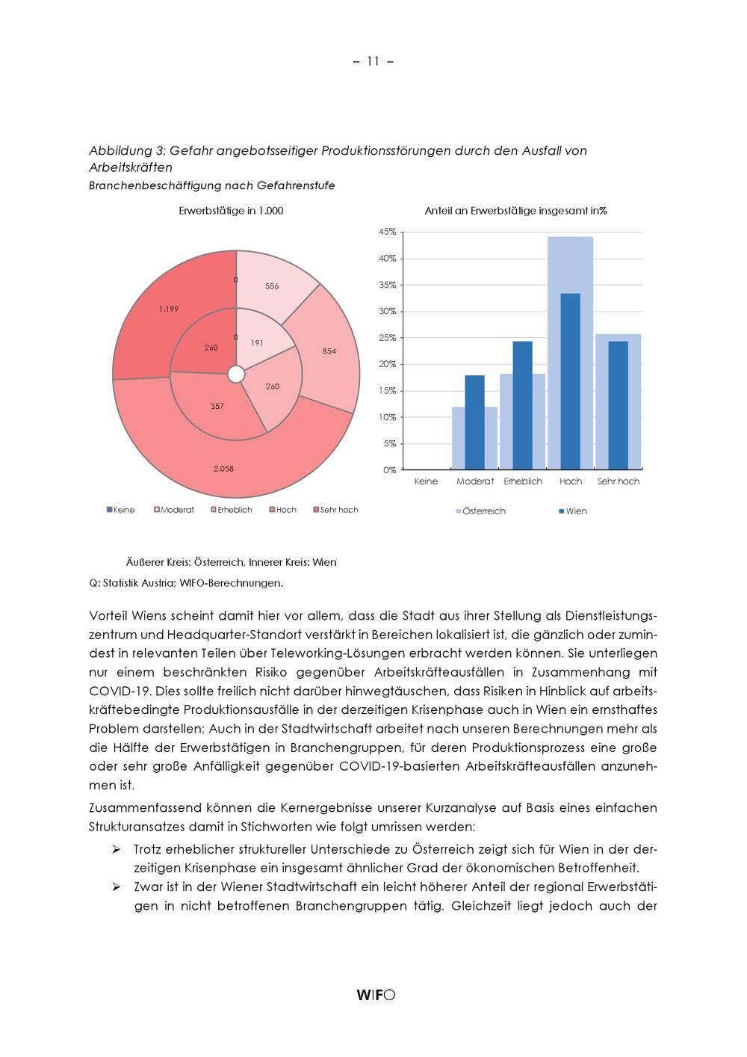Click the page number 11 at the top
click(373, 61)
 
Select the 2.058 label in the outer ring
click(223, 469)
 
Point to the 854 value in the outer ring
click(329, 351)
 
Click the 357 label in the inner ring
click(217, 406)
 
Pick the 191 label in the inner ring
click(257, 342)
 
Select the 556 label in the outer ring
click(272, 286)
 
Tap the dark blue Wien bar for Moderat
click(474, 422)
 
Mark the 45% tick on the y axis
click(388, 232)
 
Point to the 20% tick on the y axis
click(388, 364)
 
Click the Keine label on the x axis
click(426, 481)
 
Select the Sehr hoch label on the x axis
click(619, 481)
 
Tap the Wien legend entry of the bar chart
click(576, 511)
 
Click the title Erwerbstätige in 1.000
click(231, 211)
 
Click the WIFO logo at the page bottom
click(376, 994)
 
